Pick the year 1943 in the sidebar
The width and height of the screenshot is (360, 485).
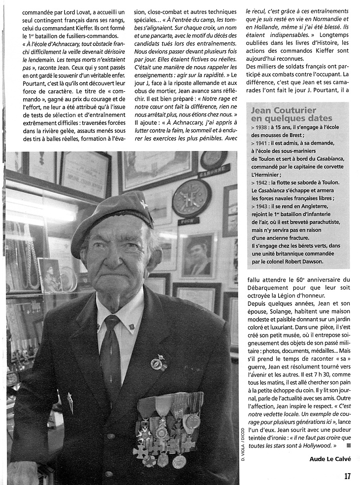264,206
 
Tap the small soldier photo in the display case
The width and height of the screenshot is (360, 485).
49,275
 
